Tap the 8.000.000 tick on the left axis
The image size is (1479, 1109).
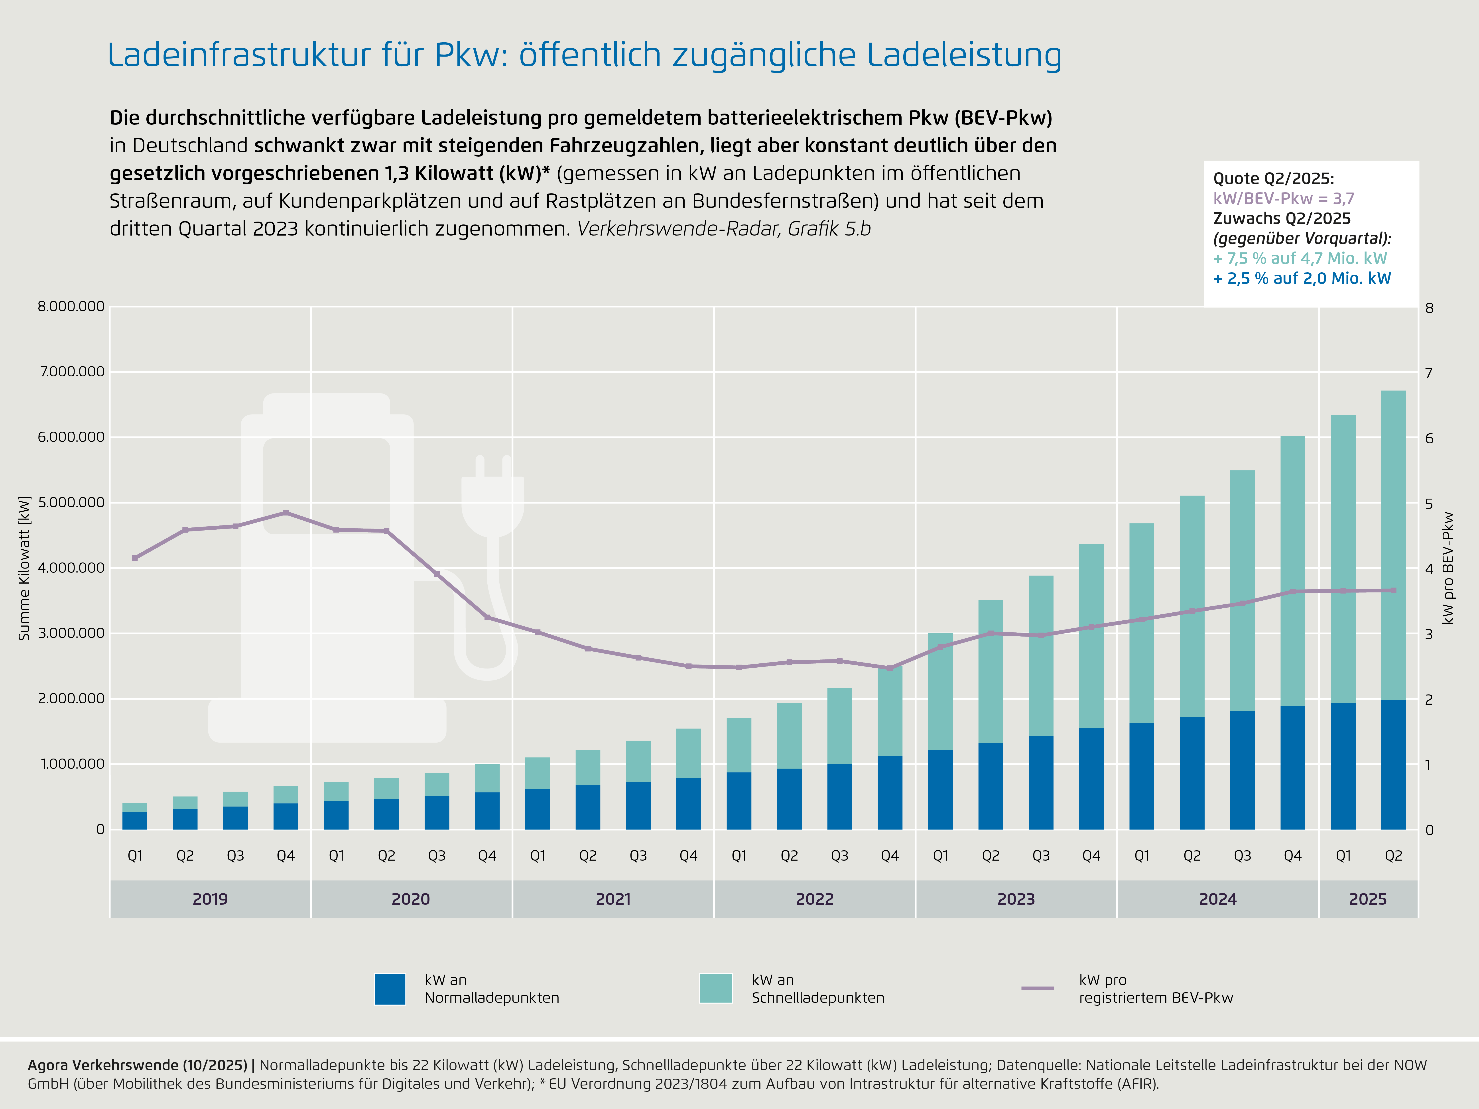[x=71, y=306]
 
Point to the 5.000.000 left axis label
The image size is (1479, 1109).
[x=71, y=502]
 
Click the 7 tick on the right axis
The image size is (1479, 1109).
[x=1429, y=373]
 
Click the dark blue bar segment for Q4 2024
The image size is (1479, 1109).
[x=1292, y=767]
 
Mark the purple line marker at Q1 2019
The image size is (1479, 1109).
[x=135, y=558]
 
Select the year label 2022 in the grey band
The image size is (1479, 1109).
[x=814, y=899]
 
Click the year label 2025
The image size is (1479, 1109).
[x=1367, y=899]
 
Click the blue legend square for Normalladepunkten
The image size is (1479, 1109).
[x=390, y=989]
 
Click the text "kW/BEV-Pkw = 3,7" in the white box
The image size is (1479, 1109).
[x=1283, y=199]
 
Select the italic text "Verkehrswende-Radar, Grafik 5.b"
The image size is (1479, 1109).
[x=723, y=229]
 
